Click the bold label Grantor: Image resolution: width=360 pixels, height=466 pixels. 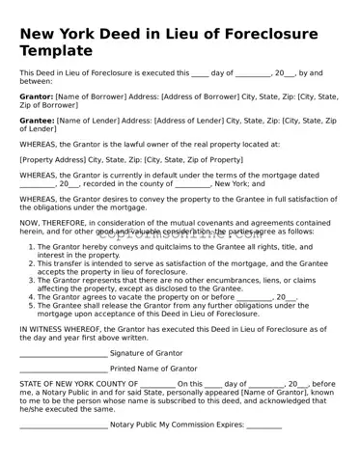(x=37, y=96)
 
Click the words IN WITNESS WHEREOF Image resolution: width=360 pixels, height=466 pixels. (x=60, y=329)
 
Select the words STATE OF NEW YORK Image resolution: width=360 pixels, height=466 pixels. (x=56, y=384)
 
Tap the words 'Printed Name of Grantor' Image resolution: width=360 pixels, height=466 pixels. (x=153, y=369)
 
